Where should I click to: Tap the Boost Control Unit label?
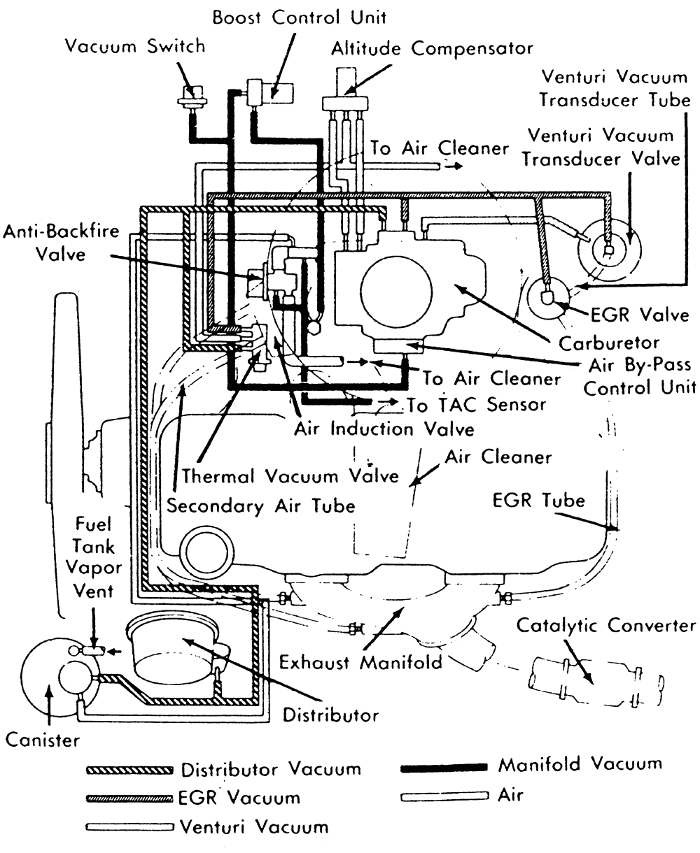[x=300, y=16]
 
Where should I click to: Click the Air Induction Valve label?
[x=384, y=428]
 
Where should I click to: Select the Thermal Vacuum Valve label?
[x=290, y=476]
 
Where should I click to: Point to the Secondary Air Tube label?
[x=260, y=506]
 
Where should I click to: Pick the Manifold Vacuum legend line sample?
[x=443, y=767]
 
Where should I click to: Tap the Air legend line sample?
[x=443, y=796]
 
